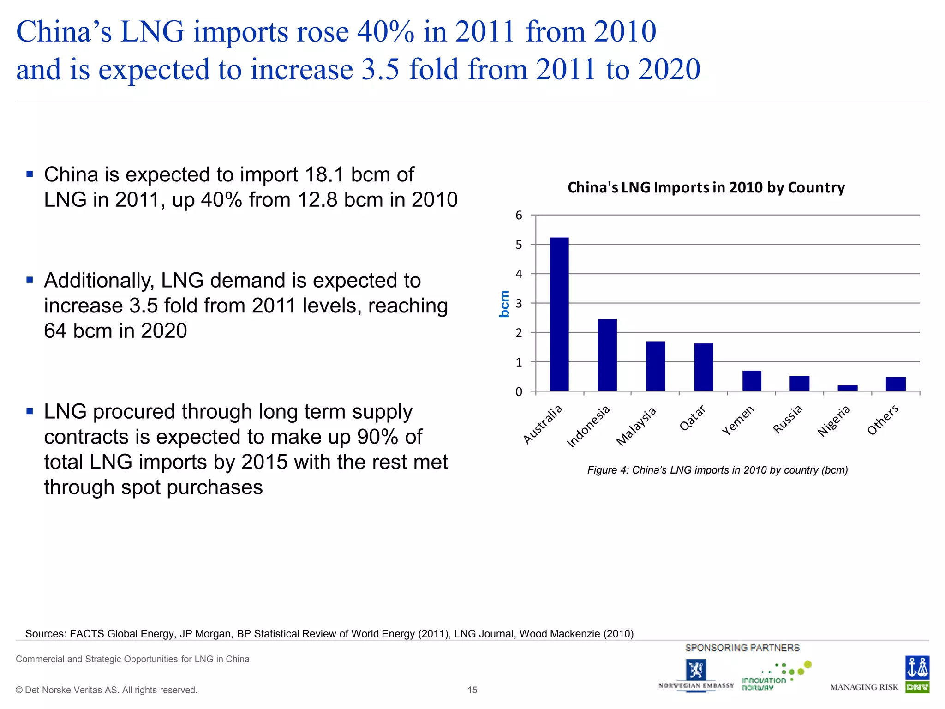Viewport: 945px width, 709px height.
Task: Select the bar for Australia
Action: [559, 314]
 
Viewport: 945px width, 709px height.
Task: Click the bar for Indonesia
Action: [607, 355]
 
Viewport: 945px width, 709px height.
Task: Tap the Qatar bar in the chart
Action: [703, 367]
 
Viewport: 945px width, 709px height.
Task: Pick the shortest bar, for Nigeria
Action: [847, 388]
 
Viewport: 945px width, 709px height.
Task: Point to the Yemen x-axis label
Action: [738, 420]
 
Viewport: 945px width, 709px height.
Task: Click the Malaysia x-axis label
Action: [636, 427]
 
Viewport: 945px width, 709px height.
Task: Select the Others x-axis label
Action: [883, 420]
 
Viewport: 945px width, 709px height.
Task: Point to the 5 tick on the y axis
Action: [519, 245]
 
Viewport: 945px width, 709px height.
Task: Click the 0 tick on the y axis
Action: [519, 392]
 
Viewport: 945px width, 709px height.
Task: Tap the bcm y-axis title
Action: [504, 304]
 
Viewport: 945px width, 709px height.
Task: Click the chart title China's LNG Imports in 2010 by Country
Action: [706, 187]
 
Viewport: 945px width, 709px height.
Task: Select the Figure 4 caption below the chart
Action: [717, 470]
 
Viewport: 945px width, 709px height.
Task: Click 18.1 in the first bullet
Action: [324, 175]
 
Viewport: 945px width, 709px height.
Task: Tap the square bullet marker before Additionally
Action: [30, 280]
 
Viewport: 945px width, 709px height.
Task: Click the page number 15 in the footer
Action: [472, 690]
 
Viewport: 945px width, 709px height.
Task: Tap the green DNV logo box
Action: [917, 687]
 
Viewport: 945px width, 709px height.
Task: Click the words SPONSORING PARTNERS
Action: [742, 648]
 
